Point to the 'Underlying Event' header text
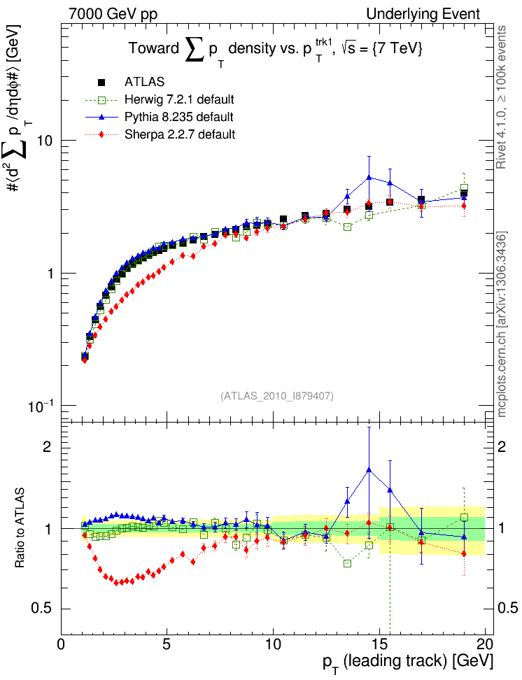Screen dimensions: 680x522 tap(433, 14)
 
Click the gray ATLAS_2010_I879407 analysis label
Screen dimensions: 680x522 tap(277, 396)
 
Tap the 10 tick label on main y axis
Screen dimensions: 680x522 tap(46, 141)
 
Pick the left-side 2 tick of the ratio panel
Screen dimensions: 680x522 tap(49, 447)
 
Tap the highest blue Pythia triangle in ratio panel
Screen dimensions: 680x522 tap(369, 470)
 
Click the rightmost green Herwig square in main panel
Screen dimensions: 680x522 tap(464, 188)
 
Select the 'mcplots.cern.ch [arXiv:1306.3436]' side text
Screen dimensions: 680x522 tap(502, 324)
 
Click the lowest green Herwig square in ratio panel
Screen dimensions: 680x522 tap(348, 563)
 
